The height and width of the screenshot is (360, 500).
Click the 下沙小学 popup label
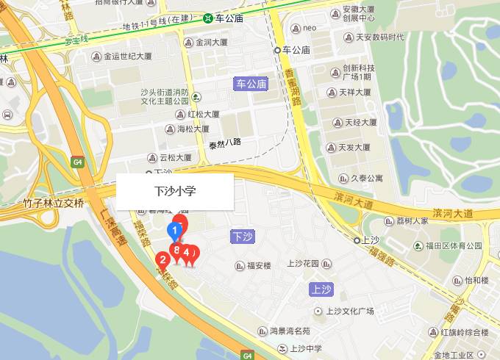(175, 191)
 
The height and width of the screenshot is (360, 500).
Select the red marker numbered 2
(162, 259)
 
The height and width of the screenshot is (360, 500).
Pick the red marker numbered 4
(187, 253)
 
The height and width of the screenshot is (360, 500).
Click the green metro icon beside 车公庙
(209, 18)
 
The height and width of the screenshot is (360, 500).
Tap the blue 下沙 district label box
(243, 237)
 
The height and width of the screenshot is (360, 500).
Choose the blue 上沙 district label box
(323, 288)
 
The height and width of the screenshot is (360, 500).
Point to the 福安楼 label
(259, 265)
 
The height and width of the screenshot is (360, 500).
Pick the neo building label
(309, 28)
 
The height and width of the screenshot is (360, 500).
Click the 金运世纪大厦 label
(127, 56)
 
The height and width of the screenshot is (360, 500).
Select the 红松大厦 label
(203, 115)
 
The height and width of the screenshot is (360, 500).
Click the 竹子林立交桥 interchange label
(53, 203)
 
